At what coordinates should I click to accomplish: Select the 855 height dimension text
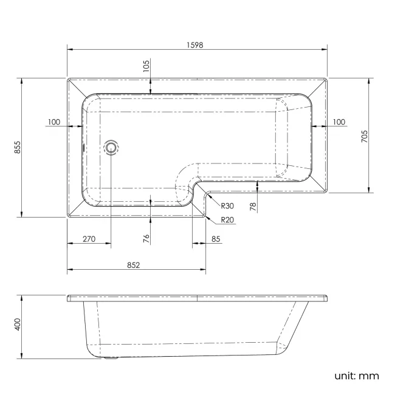(18, 147)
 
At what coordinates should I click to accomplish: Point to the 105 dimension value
(146, 66)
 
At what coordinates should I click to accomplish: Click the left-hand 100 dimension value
(53, 122)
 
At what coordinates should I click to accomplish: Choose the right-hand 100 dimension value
(338, 122)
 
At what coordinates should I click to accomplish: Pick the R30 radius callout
(228, 205)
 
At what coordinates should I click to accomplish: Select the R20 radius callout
(228, 220)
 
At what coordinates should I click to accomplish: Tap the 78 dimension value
(253, 205)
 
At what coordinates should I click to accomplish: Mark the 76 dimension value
(146, 238)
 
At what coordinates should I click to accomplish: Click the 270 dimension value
(89, 239)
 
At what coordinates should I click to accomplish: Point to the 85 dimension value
(216, 239)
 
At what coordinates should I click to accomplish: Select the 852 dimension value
(134, 264)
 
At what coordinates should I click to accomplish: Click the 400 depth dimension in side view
(18, 324)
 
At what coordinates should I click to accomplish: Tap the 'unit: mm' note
(356, 376)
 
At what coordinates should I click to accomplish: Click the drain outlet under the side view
(111, 357)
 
